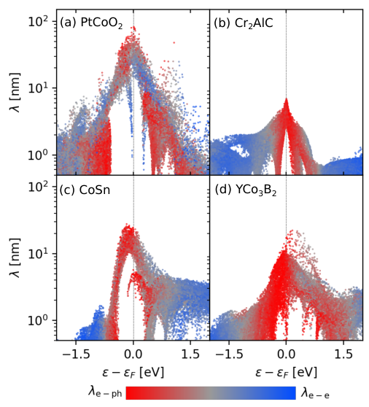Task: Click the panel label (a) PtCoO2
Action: point(91,23)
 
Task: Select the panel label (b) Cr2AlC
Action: point(244,23)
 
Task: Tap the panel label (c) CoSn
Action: point(85,190)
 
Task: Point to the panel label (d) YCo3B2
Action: point(246,190)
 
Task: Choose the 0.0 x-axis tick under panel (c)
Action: point(133,354)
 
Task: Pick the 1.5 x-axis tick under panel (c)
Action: point(191,354)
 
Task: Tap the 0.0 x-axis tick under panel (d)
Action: point(286,354)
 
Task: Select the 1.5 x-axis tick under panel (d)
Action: point(343,354)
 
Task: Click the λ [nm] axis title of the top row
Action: point(15,93)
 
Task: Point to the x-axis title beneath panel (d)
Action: point(286,373)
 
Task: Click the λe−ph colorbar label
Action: point(105,392)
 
